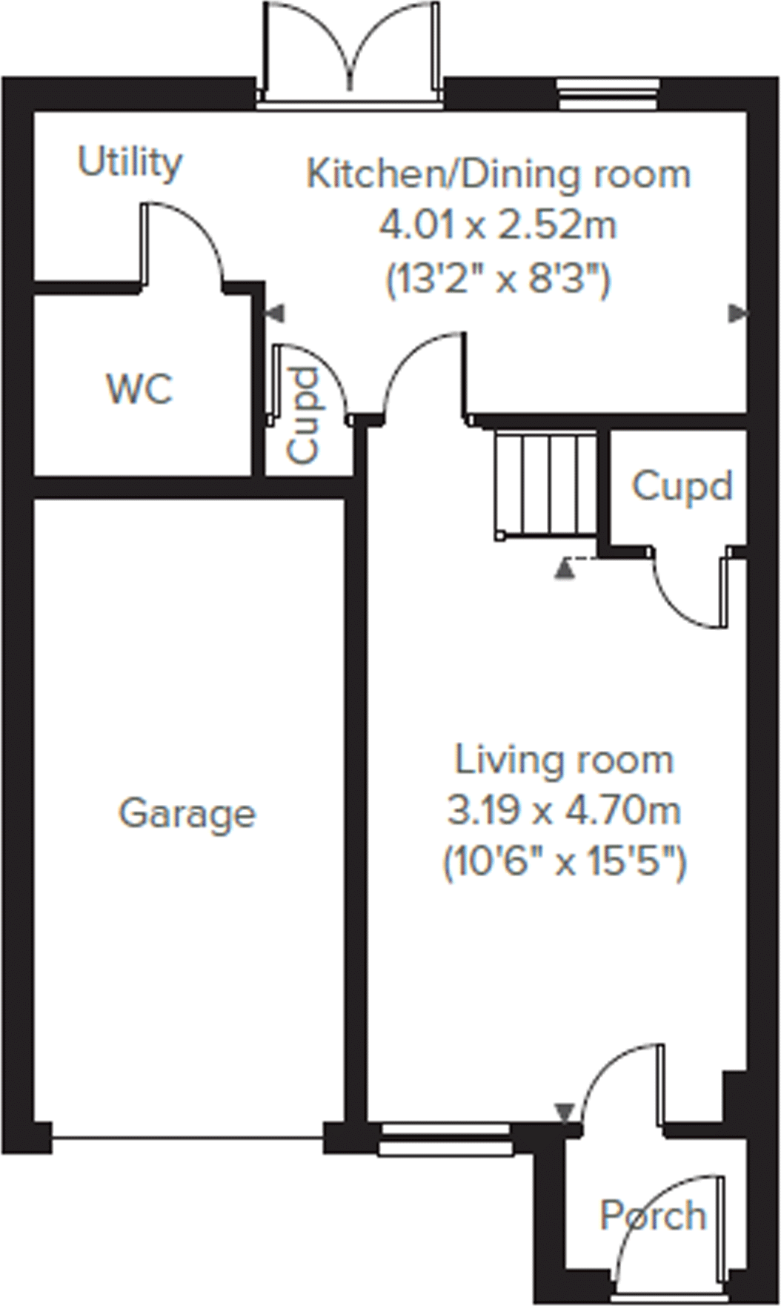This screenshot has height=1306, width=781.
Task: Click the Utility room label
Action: (130, 162)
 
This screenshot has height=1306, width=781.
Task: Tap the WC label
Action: (139, 388)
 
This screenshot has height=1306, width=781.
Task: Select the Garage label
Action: (187, 813)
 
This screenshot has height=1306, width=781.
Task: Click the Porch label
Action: (652, 1216)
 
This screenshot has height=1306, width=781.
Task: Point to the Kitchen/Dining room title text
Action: (498, 175)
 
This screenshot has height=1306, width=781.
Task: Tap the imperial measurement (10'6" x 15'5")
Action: (564, 862)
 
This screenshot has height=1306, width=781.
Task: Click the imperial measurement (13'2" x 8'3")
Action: (498, 280)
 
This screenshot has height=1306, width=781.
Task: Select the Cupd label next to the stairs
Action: (682, 487)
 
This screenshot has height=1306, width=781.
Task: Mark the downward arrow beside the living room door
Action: (565, 1111)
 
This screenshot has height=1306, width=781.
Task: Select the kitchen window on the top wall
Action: (608, 94)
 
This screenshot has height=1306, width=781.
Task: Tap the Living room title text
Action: (564, 760)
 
